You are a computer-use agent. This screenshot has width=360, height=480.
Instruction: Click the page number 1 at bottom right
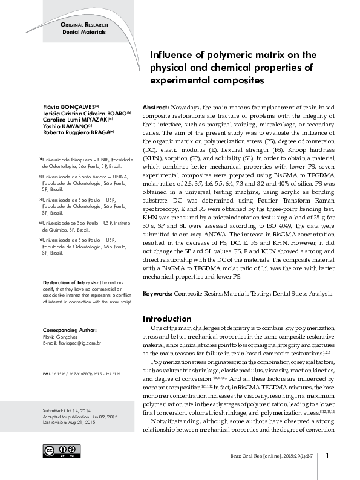pyautogui.click(x=327, y=455)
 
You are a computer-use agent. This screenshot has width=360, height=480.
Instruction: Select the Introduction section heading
pyautogui.click(x=166, y=319)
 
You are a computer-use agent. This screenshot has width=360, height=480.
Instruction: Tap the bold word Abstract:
pyautogui.click(x=155, y=105)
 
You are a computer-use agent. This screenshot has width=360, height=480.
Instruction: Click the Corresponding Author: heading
pyautogui.click(x=70, y=330)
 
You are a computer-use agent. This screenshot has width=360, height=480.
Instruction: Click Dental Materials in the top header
pyautogui.click(x=85, y=30)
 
